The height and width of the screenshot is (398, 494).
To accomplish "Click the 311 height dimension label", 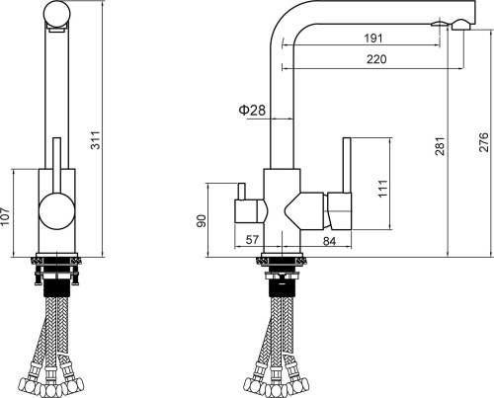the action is pos(96,140).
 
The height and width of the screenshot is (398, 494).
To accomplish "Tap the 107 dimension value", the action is pos(5,216).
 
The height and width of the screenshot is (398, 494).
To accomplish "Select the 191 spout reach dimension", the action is pos(373,39).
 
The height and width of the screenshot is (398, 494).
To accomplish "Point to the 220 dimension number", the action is pos(376,59).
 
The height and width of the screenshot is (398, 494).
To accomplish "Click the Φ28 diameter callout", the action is pos(252,111).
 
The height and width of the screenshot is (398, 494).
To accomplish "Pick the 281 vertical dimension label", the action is pos(441,146).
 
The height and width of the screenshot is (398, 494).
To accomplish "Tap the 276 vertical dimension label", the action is pos(484,142).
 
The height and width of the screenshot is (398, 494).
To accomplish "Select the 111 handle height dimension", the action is pos(382,189).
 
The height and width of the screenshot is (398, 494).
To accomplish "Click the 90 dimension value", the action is pos(201,220).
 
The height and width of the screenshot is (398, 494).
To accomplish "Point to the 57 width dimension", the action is pos(252,240).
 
